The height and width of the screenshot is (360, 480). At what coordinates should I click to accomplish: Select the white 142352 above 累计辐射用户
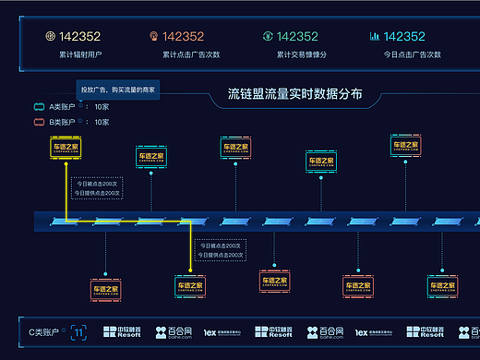pyautogui.click(x=79, y=37)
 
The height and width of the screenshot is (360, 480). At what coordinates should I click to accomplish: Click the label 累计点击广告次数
pyautogui.click(x=191, y=54)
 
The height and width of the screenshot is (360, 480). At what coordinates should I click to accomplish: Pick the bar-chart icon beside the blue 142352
pyautogui.click(x=374, y=37)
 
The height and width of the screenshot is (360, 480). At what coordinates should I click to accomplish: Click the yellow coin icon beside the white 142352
pyautogui.click(x=51, y=37)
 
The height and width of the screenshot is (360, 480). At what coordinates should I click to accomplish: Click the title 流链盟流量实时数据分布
pyautogui.click(x=294, y=94)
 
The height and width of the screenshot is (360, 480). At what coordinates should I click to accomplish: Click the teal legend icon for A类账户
pyautogui.click(x=40, y=107)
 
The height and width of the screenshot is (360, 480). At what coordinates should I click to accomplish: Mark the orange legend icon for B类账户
pyautogui.click(x=40, y=121)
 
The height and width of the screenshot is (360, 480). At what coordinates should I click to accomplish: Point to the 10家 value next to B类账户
pyautogui.click(x=102, y=121)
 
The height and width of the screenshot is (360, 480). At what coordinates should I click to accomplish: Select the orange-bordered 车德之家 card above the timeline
pyautogui.click(x=321, y=162)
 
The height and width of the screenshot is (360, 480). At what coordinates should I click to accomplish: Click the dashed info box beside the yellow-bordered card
pyautogui.click(x=97, y=188)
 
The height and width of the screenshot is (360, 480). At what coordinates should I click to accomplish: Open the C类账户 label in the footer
pyautogui.click(x=43, y=330)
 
